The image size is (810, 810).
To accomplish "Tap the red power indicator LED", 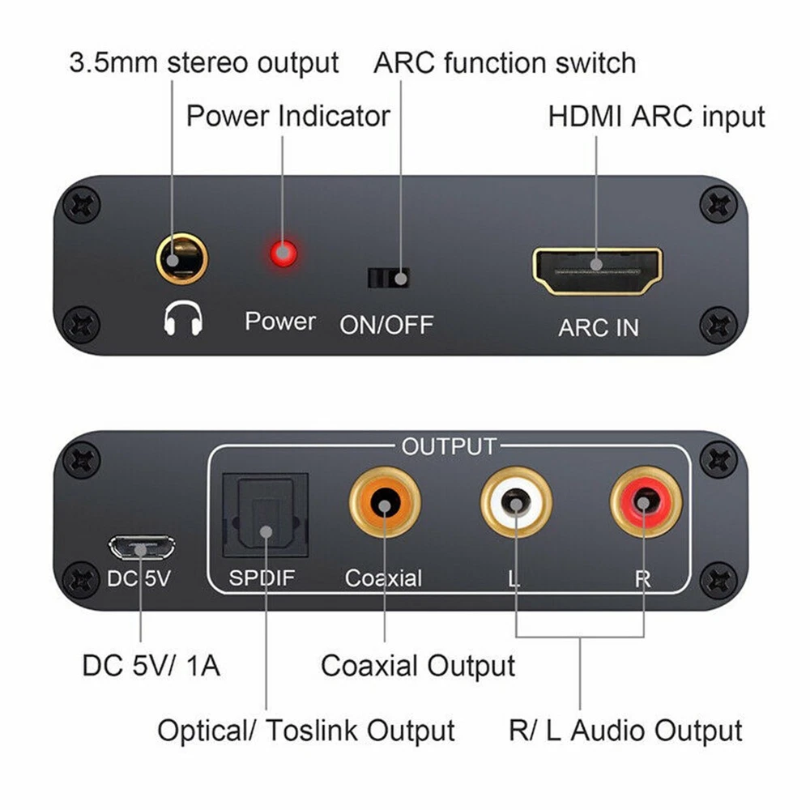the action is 283,254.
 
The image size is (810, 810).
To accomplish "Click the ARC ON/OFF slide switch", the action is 389,279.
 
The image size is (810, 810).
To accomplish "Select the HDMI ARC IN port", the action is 597,271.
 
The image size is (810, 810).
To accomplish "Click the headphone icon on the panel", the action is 183,318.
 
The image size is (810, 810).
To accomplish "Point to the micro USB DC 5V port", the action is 141,548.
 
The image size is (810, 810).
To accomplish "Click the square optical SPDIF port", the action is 266,515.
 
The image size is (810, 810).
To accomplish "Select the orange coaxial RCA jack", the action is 385,503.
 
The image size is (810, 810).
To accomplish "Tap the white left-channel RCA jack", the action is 516,502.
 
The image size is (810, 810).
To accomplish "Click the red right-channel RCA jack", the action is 646,502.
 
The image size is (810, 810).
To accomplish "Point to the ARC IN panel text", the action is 599,328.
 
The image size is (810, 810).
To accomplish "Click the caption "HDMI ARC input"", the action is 656,117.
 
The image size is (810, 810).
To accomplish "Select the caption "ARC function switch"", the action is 504,63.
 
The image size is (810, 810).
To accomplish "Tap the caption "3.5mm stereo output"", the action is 204,63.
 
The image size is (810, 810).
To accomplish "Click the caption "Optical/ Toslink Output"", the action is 306,731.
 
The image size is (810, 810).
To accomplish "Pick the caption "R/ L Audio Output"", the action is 625,731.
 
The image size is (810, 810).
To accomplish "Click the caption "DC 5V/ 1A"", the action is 151,665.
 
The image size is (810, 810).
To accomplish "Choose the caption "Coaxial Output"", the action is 418,666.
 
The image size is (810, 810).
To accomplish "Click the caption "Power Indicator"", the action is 288,116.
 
